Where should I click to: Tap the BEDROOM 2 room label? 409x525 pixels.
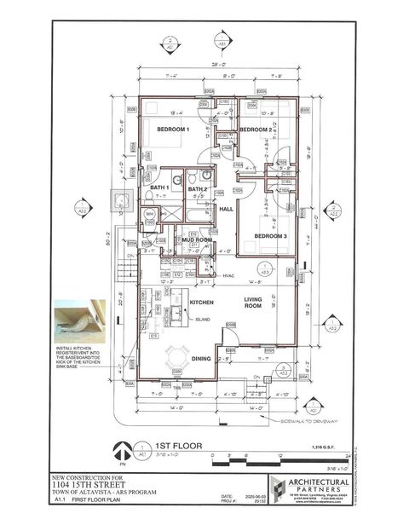[x=255, y=130]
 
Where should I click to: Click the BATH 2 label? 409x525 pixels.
[x=199, y=189]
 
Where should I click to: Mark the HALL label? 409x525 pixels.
[x=226, y=208]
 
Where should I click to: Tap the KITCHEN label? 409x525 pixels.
[x=200, y=303]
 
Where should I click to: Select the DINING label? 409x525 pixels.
[x=201, y=359]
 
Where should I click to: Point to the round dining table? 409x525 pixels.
[x=178, y=355]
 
